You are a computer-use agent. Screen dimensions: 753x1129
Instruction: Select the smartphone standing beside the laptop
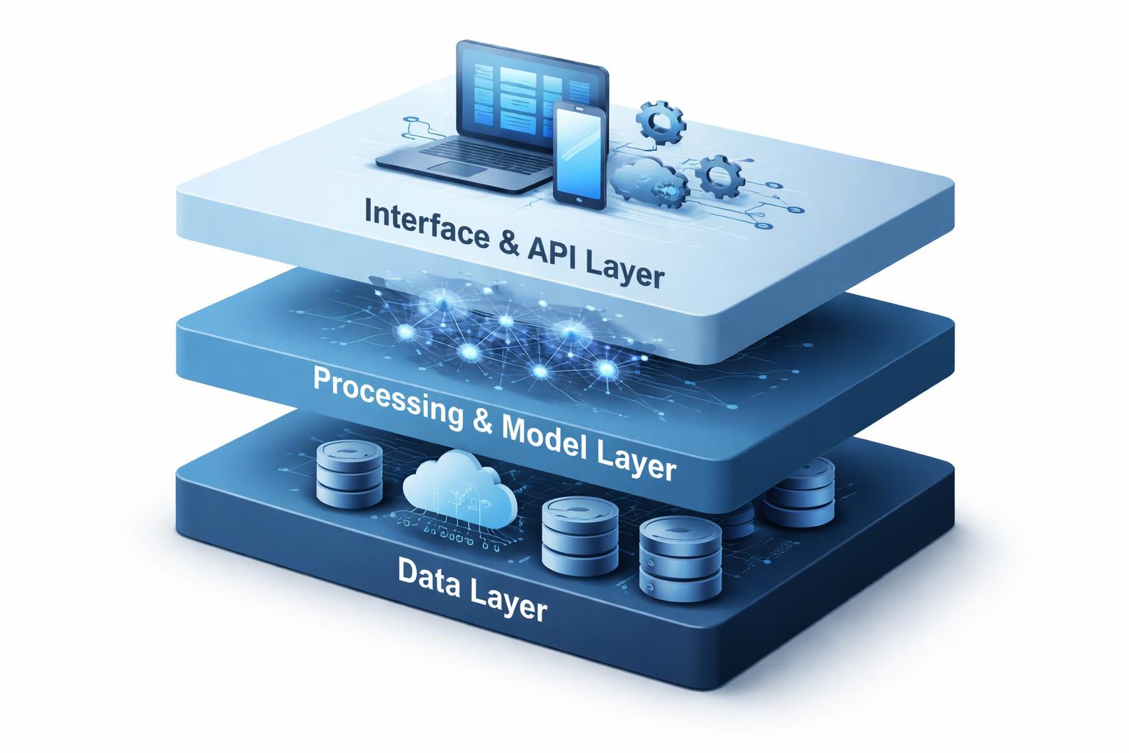click(x=580, y=154)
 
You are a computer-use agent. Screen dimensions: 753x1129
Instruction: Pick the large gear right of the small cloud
click(x=720, y=174)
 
